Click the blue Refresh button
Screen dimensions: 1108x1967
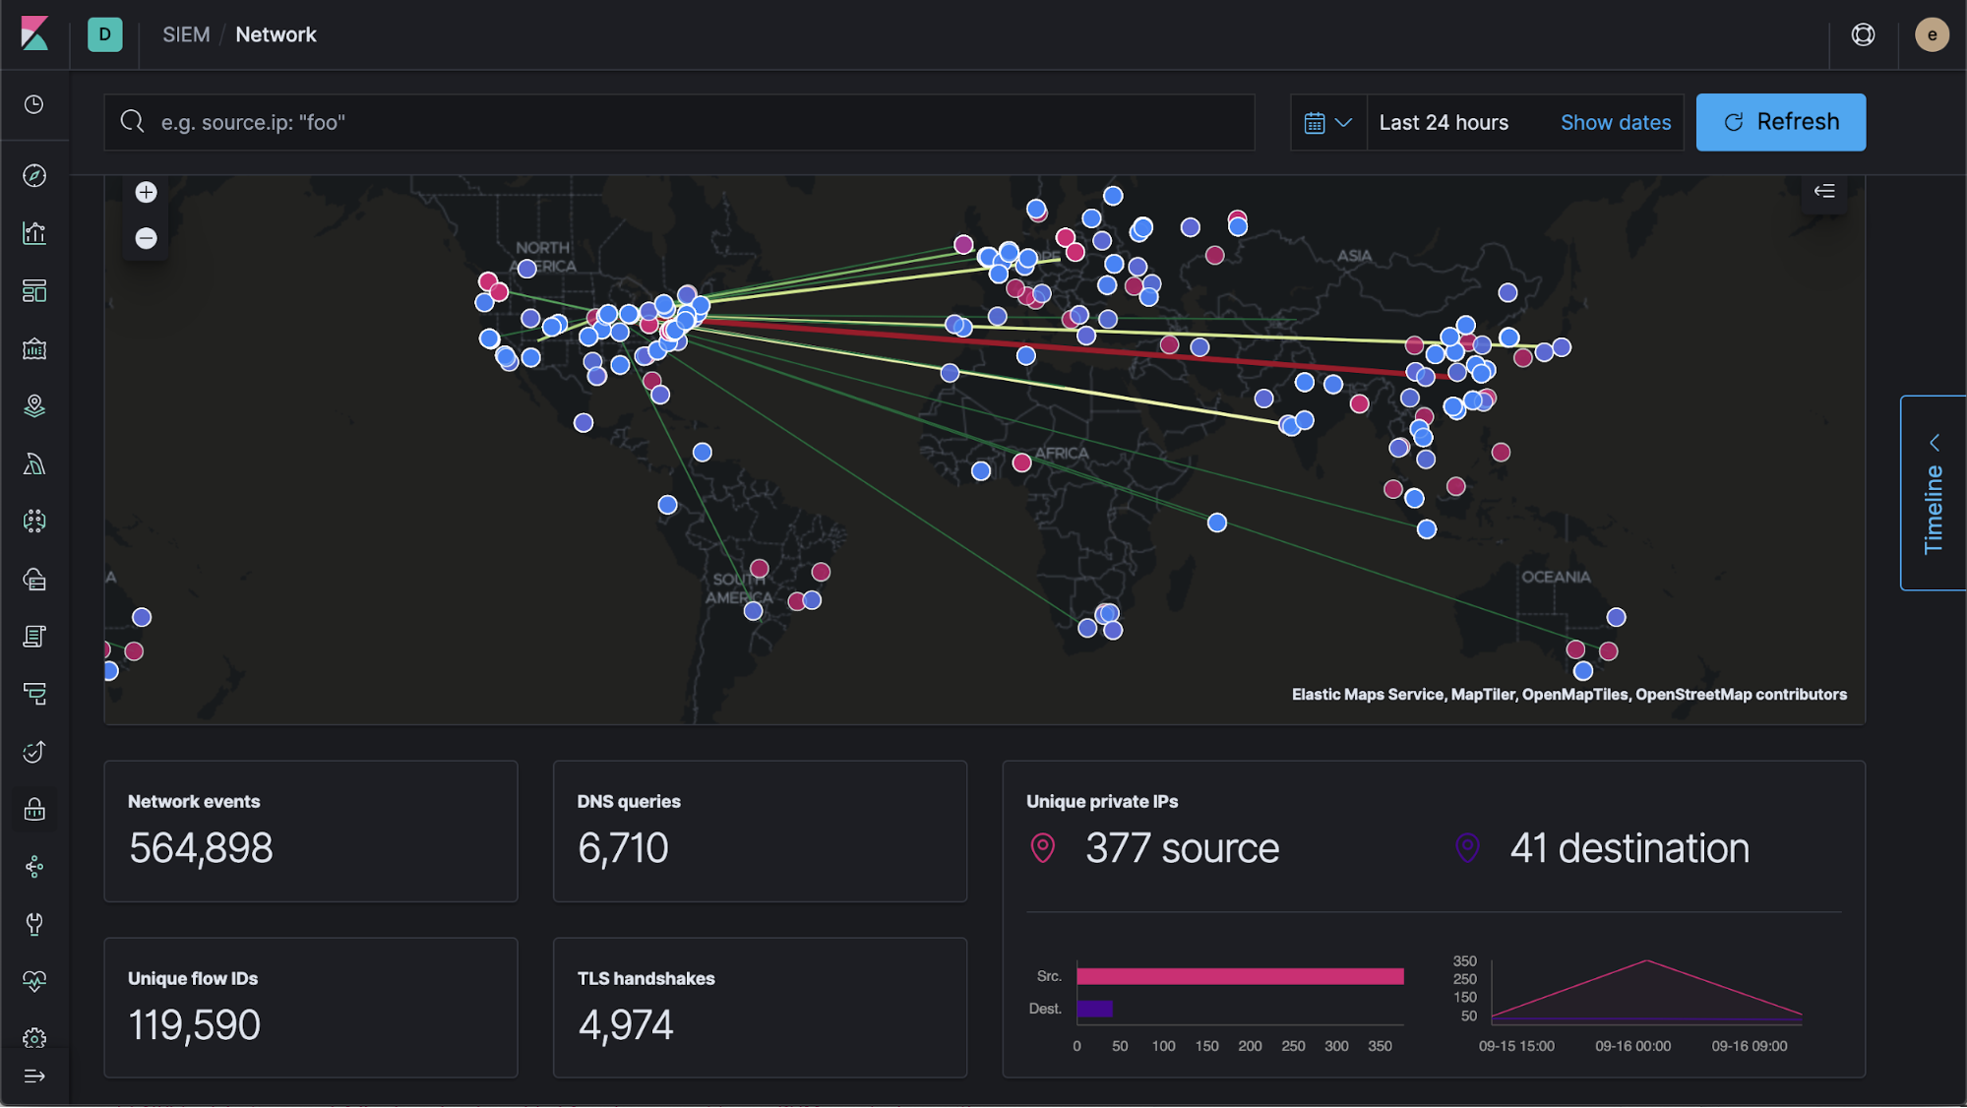[1780, 122]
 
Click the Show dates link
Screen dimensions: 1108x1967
[1615, 122]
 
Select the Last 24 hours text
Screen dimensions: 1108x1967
[1443, 122]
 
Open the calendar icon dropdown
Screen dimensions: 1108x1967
[1327, 122]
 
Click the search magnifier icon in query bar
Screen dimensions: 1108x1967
[132, 121]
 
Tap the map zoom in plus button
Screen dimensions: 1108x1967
[146, 192]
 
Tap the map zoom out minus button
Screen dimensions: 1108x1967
[146, 238]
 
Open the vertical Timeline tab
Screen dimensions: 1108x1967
[1933, 493]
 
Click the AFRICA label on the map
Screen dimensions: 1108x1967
[1061, 454]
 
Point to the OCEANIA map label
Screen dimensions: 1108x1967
[1555, 577]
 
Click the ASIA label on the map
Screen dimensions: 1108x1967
[1354, 256]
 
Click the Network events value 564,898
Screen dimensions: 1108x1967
[201, 848]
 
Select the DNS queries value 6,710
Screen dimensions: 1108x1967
[623, 848]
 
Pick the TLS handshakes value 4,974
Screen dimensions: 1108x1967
[626, 1025]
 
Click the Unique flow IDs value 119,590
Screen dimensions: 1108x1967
[194, 1025]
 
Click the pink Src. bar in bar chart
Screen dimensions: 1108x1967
[1239, 976]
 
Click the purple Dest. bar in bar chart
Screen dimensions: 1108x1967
[1094, 1009]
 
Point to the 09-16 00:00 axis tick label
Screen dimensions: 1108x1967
[1632, 1046]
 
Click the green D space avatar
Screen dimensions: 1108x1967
[105, 34]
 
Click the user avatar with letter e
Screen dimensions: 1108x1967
[1931, 34]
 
